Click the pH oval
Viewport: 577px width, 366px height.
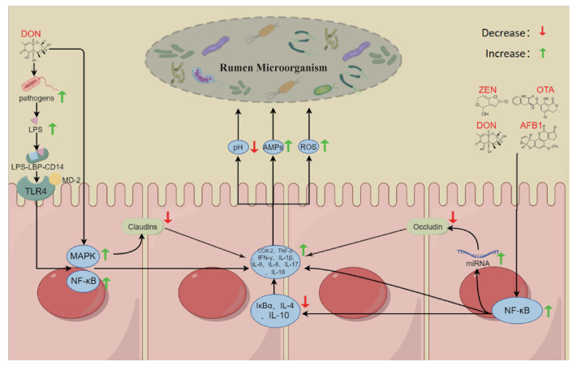237,147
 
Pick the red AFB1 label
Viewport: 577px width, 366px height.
531,125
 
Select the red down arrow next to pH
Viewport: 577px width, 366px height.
253,147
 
